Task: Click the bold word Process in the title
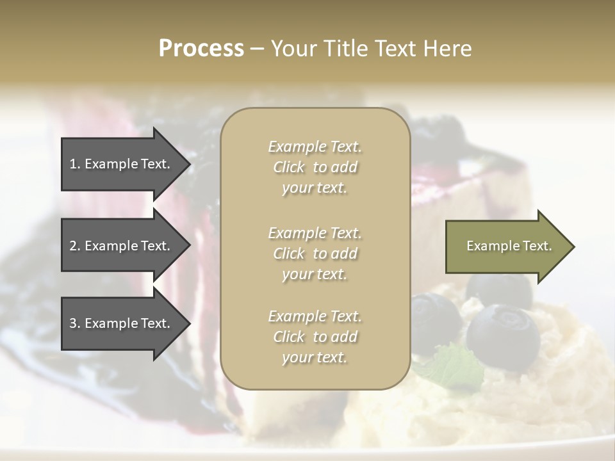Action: click(201, 49)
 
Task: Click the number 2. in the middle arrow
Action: click(75, 246)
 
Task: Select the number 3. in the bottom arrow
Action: click(75, 323)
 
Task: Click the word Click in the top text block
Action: click(289, 167)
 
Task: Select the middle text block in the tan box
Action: click(315, 253)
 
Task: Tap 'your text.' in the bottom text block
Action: click(315, 357)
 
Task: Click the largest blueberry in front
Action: click(503, 336)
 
